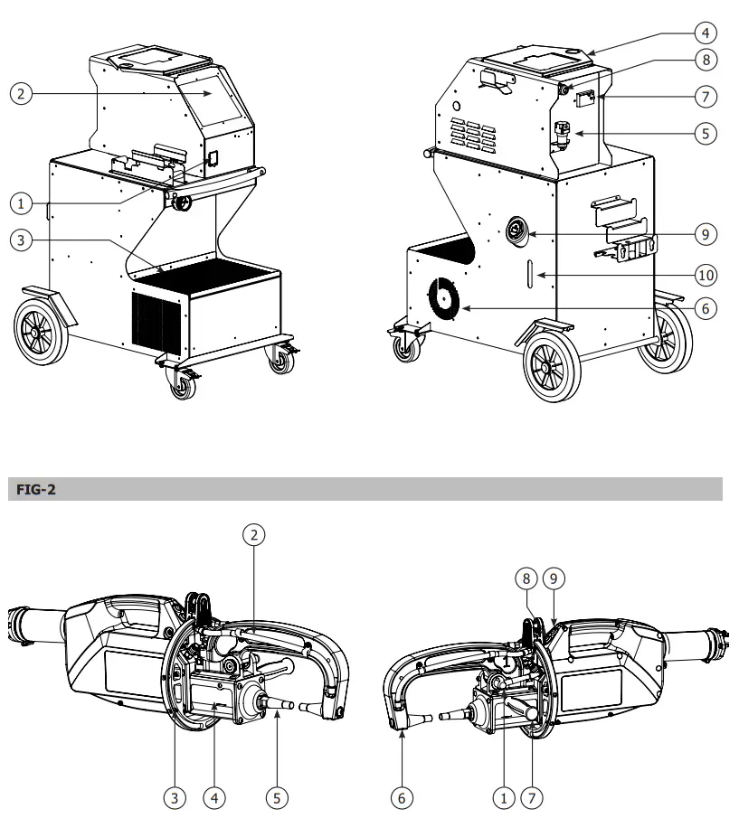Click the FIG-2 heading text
point(33,489)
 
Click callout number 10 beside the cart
point(706,272)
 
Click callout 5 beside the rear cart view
point(706,132)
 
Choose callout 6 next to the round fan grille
point(706,308)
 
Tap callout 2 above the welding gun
point(256,535)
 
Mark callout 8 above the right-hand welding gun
point(526,576)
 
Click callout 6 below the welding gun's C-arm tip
point(399,797)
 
